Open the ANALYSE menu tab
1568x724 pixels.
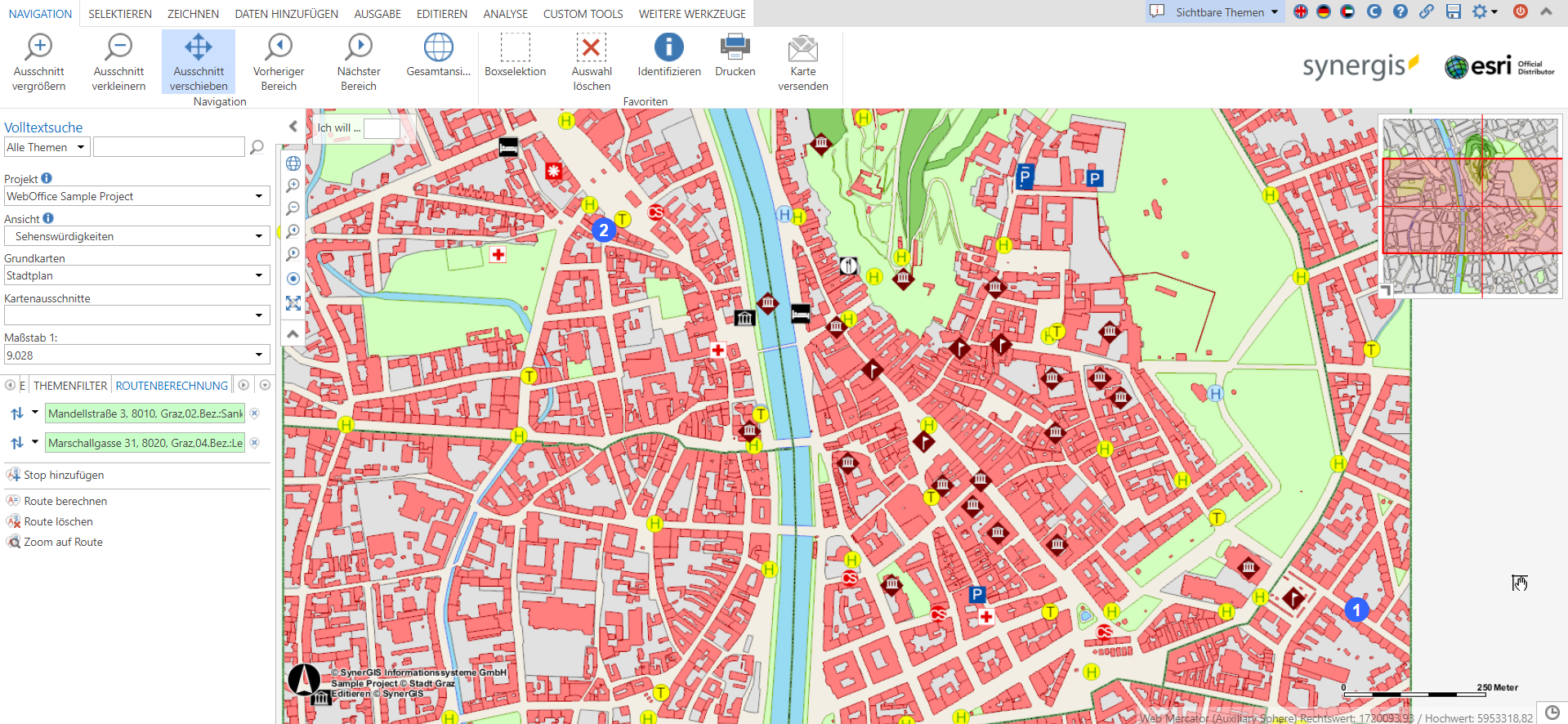coord(505,14)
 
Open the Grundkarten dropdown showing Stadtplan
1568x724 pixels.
coord(136,275)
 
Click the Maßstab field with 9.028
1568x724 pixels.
coord(136,355)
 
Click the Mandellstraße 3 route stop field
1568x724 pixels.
coord(145,413)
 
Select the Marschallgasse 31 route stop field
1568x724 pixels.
coord(145,443)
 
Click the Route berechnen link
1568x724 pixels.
coord(65,501)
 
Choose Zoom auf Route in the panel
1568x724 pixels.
coord(63,542)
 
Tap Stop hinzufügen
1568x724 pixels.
coord(63,475)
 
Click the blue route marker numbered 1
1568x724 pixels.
coord(1356,610)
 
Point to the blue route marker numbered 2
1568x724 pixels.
coord(603,230)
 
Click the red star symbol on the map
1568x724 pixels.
coord(554,171)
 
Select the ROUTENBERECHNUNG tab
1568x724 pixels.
coord(172,386)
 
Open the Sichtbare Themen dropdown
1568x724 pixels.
coord(1219,12)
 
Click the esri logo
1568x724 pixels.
coord(1481,66)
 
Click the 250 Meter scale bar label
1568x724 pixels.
coord(1497,687)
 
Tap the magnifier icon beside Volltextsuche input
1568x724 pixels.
coord(257,147)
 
